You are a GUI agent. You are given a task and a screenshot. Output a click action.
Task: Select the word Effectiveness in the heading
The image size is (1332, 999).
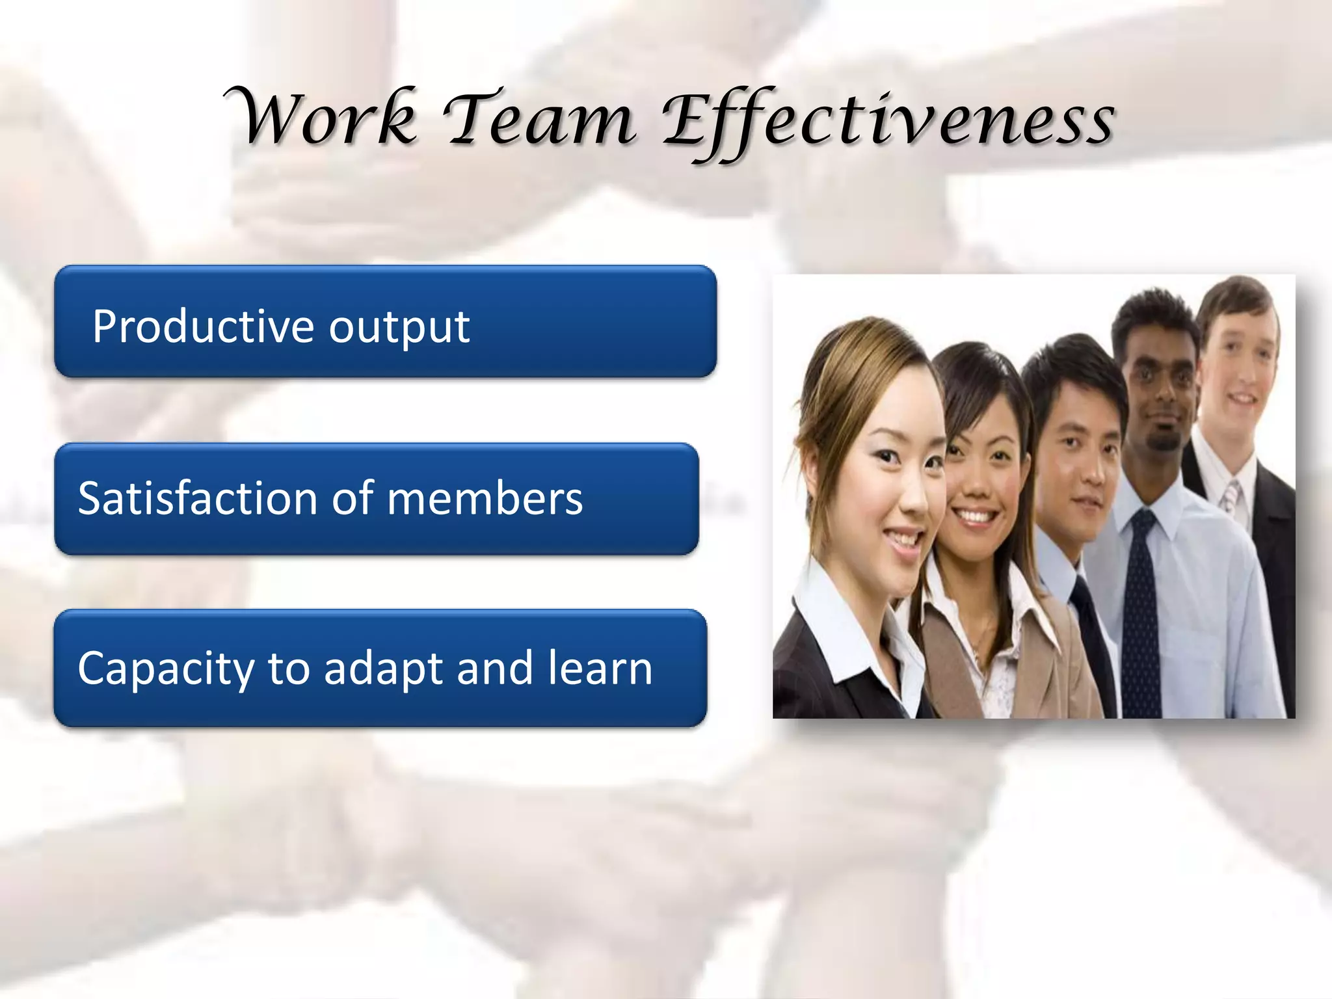(888, 120)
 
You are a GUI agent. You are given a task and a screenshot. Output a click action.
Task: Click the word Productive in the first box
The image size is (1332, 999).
(206, 326)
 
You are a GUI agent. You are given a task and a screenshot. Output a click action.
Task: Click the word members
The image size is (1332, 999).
(485, 499)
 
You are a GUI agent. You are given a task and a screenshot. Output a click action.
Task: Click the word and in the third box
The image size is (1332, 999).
(495, 669)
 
